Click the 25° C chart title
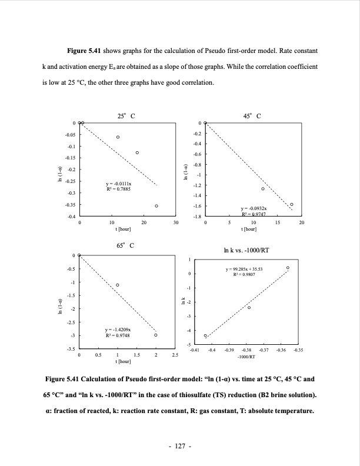126,116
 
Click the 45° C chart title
252,116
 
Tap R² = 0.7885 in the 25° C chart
118,190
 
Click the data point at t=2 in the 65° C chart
156,335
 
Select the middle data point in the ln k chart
249,308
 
